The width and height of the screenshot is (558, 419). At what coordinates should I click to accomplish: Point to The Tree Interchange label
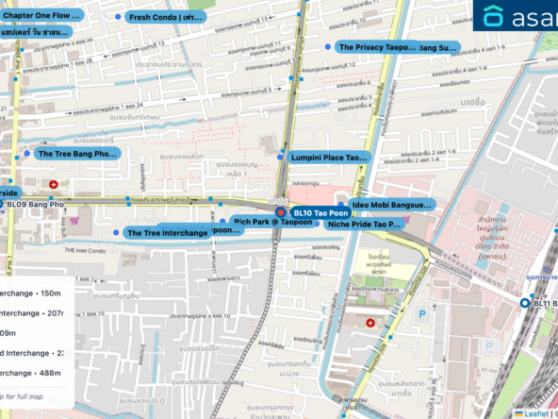pyautogui.click(x=168, y=232)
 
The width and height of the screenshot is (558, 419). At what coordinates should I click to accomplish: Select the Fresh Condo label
pyautogui.click(x=166, y=17)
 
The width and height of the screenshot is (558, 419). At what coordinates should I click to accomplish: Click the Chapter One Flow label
pyautogui.click(x=41, y=16)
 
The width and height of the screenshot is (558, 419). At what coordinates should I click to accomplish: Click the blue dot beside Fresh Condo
pyautogui.click(x=118, y=17)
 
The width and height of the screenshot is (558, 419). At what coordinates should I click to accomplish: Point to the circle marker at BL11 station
pyautogui.click(x=525, y=303)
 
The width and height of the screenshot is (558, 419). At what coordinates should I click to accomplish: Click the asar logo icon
pyautogui.click(x=494, y=17)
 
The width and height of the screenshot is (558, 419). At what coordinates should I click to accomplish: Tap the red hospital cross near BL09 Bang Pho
pyautogui.click(x=54, y=183)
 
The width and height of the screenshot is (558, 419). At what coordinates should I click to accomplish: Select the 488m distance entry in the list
pyautogui.click(x=33, y=373)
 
